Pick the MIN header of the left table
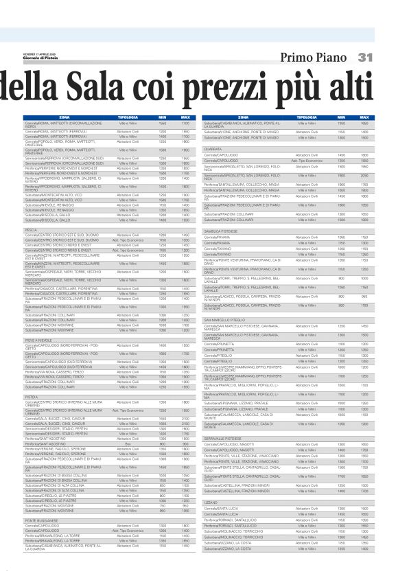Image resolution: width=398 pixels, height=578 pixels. pos(163,117)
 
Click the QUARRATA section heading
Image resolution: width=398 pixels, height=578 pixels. pos(213,148)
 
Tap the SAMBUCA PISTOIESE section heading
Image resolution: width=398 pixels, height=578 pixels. pos(220,231)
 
